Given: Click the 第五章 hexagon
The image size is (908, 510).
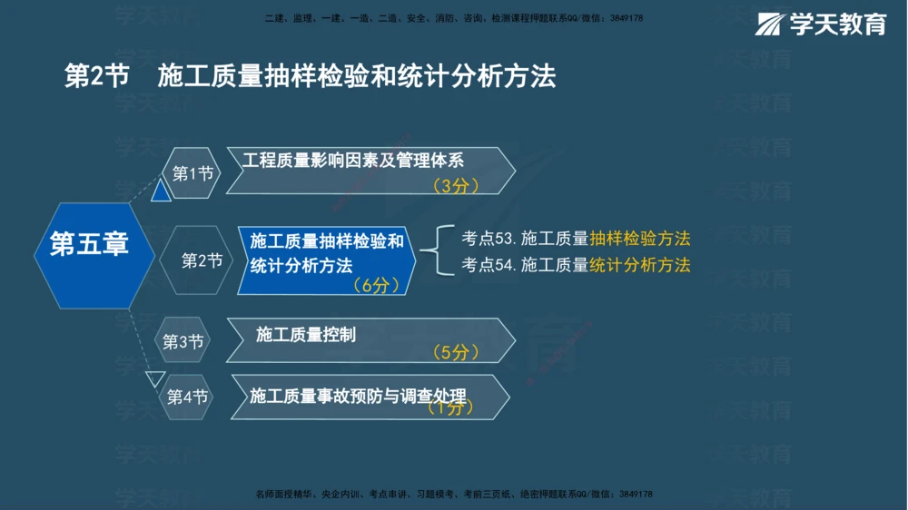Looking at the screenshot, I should click(89, 244).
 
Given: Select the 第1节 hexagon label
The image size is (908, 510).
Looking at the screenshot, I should click(192, 172).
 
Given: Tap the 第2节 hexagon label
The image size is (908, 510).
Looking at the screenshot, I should click(202, 260).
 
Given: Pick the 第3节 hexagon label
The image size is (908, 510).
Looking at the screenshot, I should click(183, 341).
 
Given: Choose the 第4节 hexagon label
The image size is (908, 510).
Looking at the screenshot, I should click(187, 397).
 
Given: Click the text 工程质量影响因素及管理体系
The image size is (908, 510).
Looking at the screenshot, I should click(353, 160).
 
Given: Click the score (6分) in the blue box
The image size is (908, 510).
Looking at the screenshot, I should click(375, 285).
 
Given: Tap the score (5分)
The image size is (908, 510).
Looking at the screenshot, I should click(455, 352).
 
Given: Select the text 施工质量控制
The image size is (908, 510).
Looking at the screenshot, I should click(306, 334).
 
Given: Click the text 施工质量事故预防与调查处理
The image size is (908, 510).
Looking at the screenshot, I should click(358, 396).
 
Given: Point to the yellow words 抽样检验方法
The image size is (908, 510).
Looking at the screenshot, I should click(640, 239).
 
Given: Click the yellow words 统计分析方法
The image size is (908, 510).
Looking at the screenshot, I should click(640, 265).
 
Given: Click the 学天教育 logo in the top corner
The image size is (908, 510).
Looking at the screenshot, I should click(821, 25).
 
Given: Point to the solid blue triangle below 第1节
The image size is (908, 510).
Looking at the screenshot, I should click(161, 191).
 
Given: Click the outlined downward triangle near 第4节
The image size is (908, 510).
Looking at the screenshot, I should click(155, 378).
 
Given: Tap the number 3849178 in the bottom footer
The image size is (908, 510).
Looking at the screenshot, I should click(636, 494).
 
